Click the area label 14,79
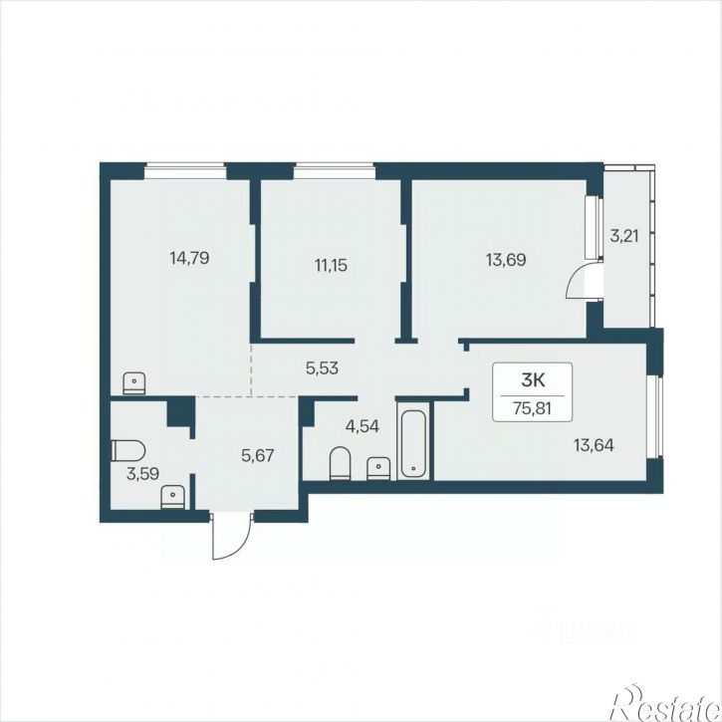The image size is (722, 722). coord(189,258)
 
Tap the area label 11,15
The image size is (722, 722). coord(331,265)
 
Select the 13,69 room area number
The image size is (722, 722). coord(506,260)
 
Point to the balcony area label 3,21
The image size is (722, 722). coord(624,236)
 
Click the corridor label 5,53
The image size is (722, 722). coord(323,367)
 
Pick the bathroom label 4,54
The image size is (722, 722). coord(362,426)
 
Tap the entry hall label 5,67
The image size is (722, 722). coord(258,456)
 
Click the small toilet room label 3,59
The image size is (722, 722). coord(143,474)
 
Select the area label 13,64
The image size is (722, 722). coord(594,445)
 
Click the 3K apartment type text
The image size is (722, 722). coord(533,380)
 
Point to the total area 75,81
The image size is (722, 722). coord(533,409)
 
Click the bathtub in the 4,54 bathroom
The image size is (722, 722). coord(414,444)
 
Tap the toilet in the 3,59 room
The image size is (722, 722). coord(128,450)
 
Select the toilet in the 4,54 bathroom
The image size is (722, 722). coord(341,463)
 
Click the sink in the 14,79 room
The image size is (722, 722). coord(134,383)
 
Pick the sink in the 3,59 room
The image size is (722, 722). coord(172,498)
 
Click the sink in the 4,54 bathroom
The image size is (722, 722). coord(378,469)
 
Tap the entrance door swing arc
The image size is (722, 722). coord(235,548)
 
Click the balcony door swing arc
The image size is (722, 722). coord(572,282)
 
